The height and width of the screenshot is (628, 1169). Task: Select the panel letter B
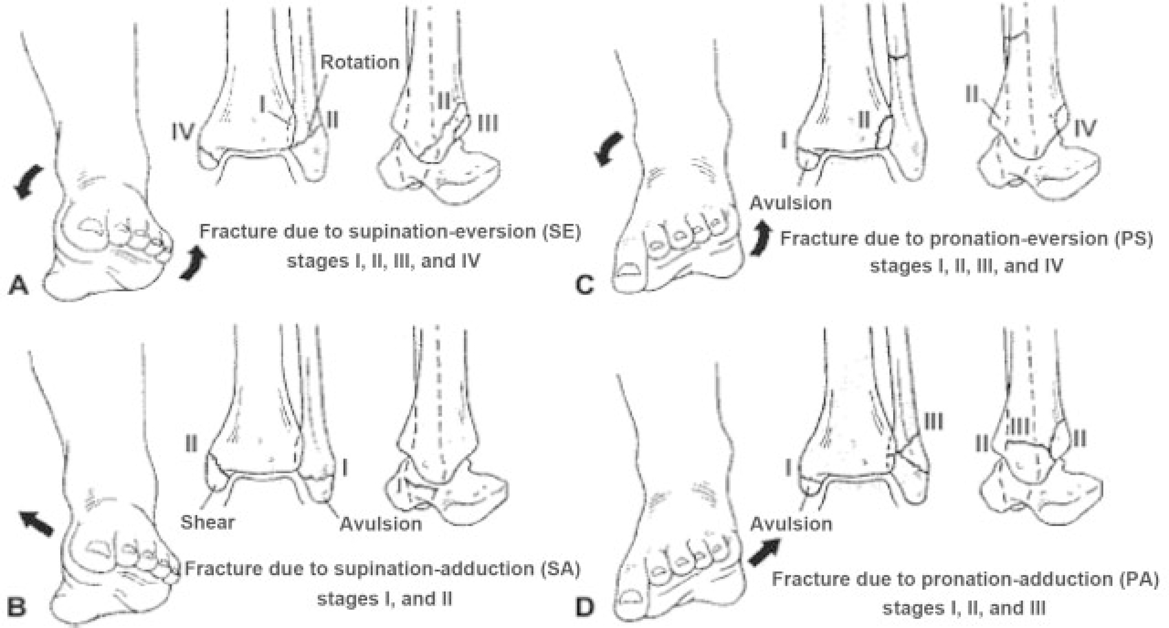(17, 607)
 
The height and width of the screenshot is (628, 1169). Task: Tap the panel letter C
(584, 285)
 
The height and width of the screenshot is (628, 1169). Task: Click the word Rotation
(360, 62)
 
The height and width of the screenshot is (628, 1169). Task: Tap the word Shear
(207, 522)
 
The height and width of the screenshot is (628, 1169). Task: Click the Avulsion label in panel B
(381, 524)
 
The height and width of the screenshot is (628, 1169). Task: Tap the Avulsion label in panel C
(791, 203)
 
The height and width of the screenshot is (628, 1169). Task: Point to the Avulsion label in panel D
(791, 524)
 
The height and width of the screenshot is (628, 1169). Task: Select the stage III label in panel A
(488, 123)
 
